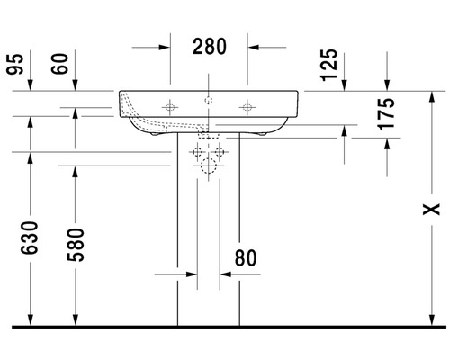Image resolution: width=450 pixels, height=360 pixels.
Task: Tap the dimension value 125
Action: [329, 64]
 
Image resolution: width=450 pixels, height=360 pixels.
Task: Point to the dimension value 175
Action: [388, 114]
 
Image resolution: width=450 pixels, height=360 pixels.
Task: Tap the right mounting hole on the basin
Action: [247, 108]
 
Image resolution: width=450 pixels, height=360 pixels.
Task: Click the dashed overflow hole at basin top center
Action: [209, 98]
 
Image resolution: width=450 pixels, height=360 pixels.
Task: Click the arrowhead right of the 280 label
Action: [254, 45]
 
